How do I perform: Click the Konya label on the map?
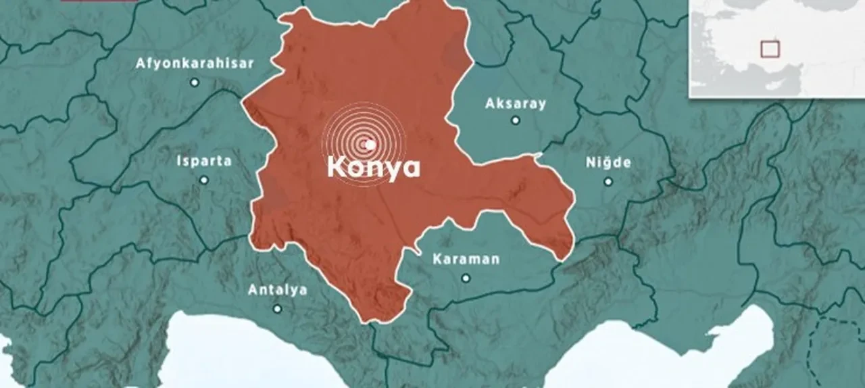coord(373,168)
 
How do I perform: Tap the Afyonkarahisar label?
coord(195,64)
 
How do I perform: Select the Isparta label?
coord(203,162)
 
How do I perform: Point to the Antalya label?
coord(277,290)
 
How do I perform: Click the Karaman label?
coord(466,259)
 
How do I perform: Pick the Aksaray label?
coord(515,104)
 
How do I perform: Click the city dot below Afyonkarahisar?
coord(195,82)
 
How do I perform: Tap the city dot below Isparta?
coord(204,180)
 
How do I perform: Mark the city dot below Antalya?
coord(277,309)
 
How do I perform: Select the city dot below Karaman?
coord(466,278)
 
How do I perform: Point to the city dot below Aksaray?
coord(516,120)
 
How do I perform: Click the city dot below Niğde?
coord(608,181)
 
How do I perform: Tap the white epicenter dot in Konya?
coord(370,144)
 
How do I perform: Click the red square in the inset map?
coord(770,49)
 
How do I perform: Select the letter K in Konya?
coord(337,168)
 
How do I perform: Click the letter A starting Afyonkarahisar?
coord(141,64)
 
